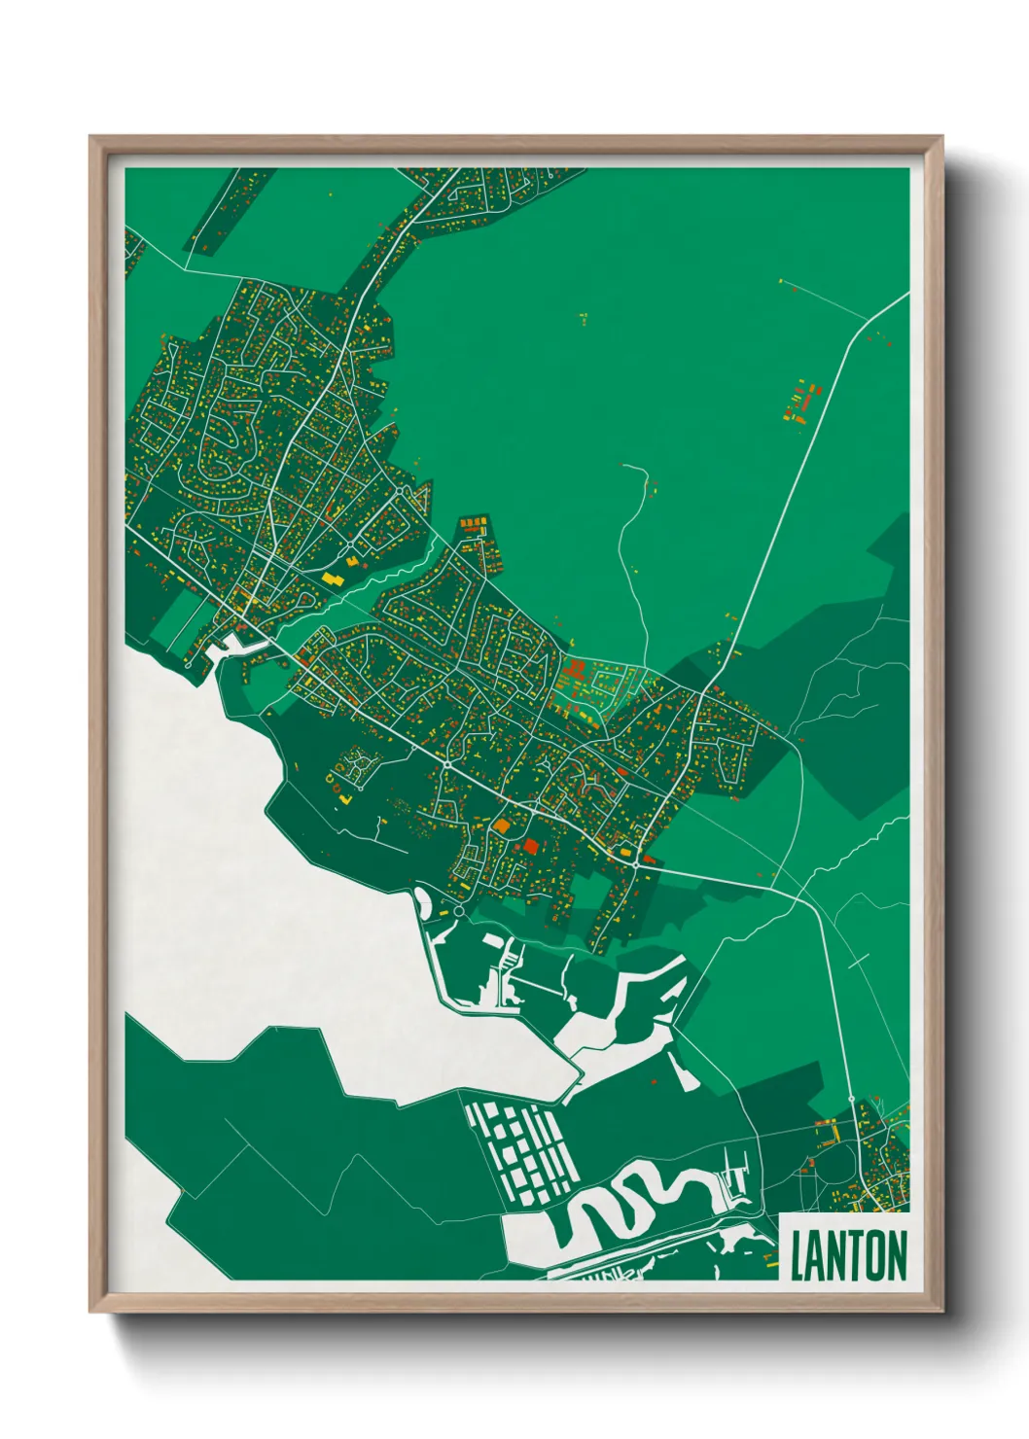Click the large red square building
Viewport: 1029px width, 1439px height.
click(530, 846)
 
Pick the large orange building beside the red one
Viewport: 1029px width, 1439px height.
click(502, 825)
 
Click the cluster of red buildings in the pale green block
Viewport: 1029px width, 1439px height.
click(575, 670)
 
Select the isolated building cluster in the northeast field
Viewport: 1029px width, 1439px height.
click(801, 403)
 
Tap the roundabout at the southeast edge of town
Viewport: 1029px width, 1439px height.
click(635, 864)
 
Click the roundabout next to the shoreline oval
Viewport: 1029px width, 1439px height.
click(458, 912)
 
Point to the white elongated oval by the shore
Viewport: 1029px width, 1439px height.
click(425, 901)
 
